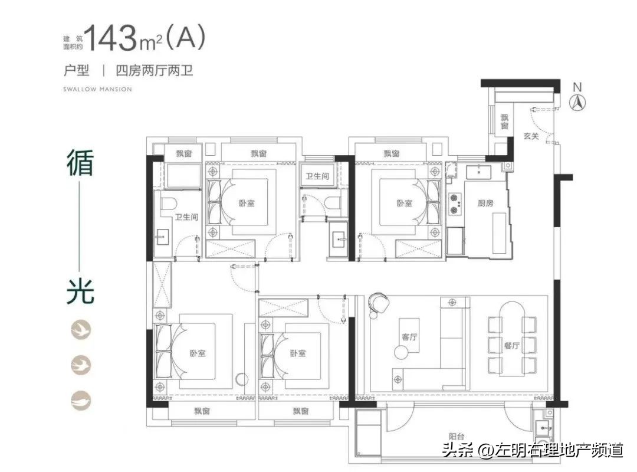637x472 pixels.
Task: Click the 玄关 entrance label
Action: (530, 136)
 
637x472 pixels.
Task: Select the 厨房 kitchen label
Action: (485, 204)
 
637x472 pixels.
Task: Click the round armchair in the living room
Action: (376, 303)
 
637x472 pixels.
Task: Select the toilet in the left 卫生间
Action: (166, 204)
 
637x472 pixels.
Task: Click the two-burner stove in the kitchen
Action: (455, 202)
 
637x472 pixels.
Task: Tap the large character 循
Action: (80, 162)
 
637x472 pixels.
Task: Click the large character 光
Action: (80, 291)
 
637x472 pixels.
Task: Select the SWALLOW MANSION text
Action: (97, 90)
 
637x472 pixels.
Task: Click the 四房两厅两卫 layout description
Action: (155, 71)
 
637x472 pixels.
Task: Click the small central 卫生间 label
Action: (317, 176)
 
